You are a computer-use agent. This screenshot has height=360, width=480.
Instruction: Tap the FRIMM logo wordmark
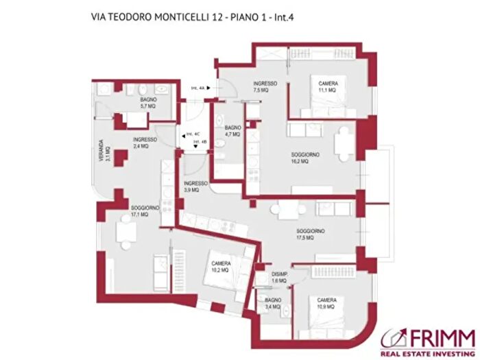442,337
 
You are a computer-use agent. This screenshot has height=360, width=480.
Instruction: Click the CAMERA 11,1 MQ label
327,86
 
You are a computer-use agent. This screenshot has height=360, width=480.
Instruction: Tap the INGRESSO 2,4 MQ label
145,143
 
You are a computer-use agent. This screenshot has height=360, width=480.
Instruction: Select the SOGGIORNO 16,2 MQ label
305,158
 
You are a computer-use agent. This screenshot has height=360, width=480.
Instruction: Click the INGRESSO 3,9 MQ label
195,187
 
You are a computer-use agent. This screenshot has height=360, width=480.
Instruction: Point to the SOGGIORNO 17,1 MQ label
145,211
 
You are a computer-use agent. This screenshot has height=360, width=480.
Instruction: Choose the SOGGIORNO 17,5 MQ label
311,235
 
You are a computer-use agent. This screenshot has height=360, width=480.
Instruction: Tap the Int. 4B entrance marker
200,143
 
